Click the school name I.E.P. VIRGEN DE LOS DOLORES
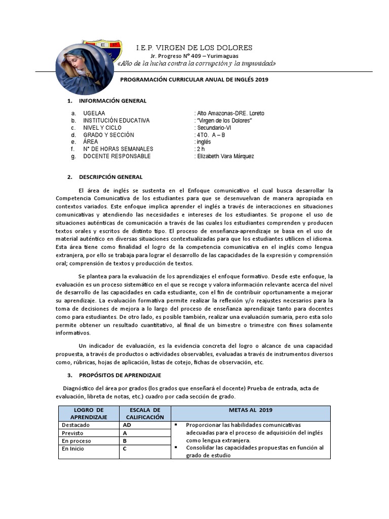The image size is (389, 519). pos(194,48)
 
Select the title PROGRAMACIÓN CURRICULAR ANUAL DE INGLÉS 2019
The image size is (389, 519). pos(194,80)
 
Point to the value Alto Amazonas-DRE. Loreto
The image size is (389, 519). pos(229,113)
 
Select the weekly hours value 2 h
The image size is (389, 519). pos(200,149)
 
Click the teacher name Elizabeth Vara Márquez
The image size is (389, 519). pos(224,156)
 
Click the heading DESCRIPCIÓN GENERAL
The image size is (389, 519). pos(111,177)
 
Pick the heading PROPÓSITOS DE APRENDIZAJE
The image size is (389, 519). pos(120,375)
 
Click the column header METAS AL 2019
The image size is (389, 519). pos(250,410)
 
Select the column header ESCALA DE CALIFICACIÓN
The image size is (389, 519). pos(144,413)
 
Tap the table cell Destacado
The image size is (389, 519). pos(73,425)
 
